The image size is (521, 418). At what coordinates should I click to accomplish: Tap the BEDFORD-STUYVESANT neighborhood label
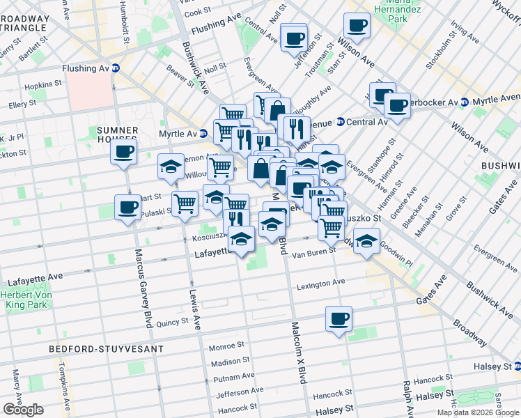coord(106,348)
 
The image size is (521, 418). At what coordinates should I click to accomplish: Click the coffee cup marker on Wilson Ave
coord(357,26)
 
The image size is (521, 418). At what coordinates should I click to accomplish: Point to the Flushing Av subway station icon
coord(116,68)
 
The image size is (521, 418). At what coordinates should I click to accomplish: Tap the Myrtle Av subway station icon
coord(203,133)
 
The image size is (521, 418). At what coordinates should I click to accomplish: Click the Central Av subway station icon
coord(340,122)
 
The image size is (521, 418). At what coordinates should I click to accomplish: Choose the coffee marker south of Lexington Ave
coord(339,319)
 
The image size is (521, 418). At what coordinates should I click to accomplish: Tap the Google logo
coord(23,410)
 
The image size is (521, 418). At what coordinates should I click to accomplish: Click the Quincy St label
coord(173,323)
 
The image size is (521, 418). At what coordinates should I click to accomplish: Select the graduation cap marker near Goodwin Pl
coord(366,241)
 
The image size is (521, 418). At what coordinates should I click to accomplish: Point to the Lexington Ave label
coord(321,283)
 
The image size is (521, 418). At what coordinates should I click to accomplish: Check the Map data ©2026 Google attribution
coord(478,412)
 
